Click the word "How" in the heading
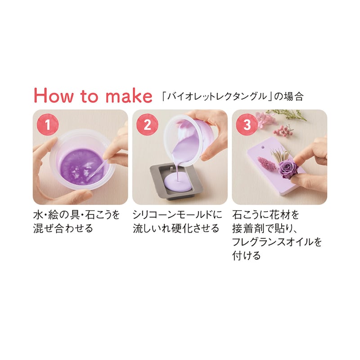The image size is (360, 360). click(x=54, y=95)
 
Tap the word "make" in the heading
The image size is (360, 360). click(x=129, y=95)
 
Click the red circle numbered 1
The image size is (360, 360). click(x=48, y=125)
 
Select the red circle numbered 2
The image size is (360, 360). click(x=148, y=125)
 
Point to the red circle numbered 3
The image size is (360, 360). click(x=247, y=125)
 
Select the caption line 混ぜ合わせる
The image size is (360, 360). click(x=63, y=229)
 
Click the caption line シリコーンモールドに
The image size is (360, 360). click(x=177, y=215)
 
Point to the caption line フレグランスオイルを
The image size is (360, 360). click(x=277, y=242)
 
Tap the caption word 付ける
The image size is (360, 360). click(x=247, y=256)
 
